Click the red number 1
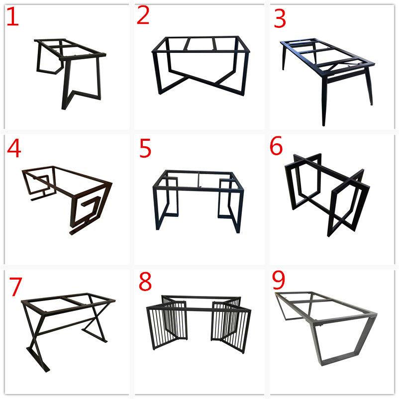click(x=12, y=17)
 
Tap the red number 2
click(x=143, y=15)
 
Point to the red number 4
click(x=14, y=148)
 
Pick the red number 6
click(x=276, y=146)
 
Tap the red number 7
click(x=15, y=287)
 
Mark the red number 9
click(x=279, y=280)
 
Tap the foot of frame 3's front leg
click(x=324, y=123)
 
